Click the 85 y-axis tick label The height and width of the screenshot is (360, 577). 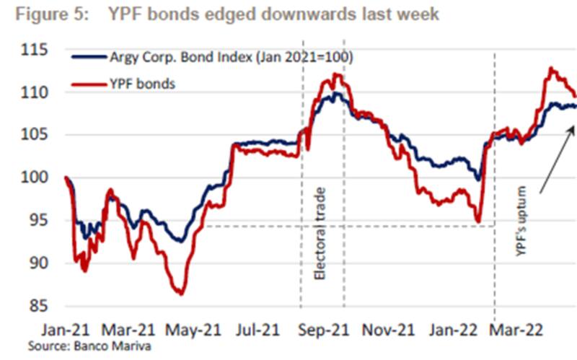pos(36,305)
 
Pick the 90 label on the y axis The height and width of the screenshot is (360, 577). pos(36,263)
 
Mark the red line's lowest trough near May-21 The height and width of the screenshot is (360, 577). pos(180,293)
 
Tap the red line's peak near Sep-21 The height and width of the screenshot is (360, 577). pos(337,74)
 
